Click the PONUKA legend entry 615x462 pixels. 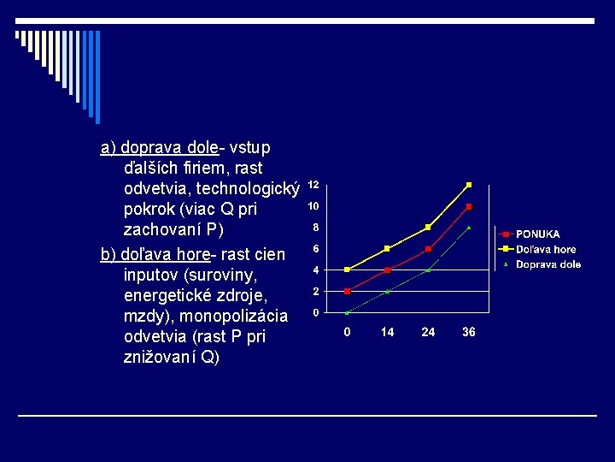click(x=537, y=234)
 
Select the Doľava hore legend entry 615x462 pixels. click(x=545, y=249)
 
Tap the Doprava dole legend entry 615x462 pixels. click(x=548, y=264)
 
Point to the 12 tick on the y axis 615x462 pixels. click(x=313, y=185)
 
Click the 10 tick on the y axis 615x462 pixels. click(x=313, y=206)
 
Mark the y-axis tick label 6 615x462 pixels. click(x=316, y=249)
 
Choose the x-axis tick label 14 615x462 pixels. click(x=388, y=332)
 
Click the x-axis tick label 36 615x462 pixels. click(x=469, y=332)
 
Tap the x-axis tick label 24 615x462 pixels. click(x=428, y=332)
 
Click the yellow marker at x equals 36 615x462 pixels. click(x=469, y=185)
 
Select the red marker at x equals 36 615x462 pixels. click(x=469, y=206)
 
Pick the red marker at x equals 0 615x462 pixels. click(x=347, y=291)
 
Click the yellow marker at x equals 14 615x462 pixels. click(x=388, y=248)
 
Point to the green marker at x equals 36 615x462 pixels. click(x=469, y=228)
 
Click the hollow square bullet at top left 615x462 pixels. click(x=17, y=36)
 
